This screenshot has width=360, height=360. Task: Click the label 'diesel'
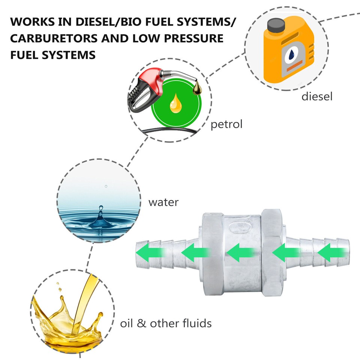(317, 97)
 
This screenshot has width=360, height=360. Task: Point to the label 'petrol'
(226, 124)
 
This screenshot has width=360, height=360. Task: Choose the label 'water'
(163, 202)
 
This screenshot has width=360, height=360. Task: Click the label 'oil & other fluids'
(166, 323)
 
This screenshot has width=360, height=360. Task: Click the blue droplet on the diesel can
(291, 56)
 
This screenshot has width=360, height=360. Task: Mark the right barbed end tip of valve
(347, 251)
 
